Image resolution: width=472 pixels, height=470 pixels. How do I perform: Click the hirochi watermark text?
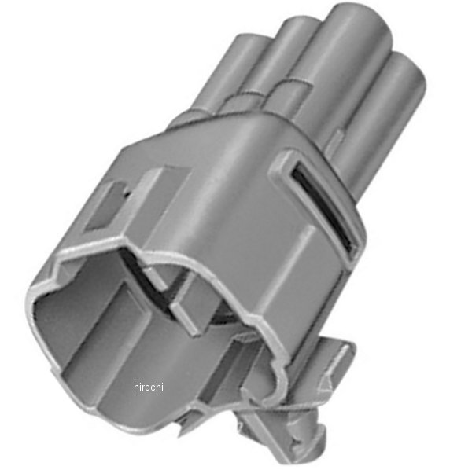(x=149, y=387)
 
